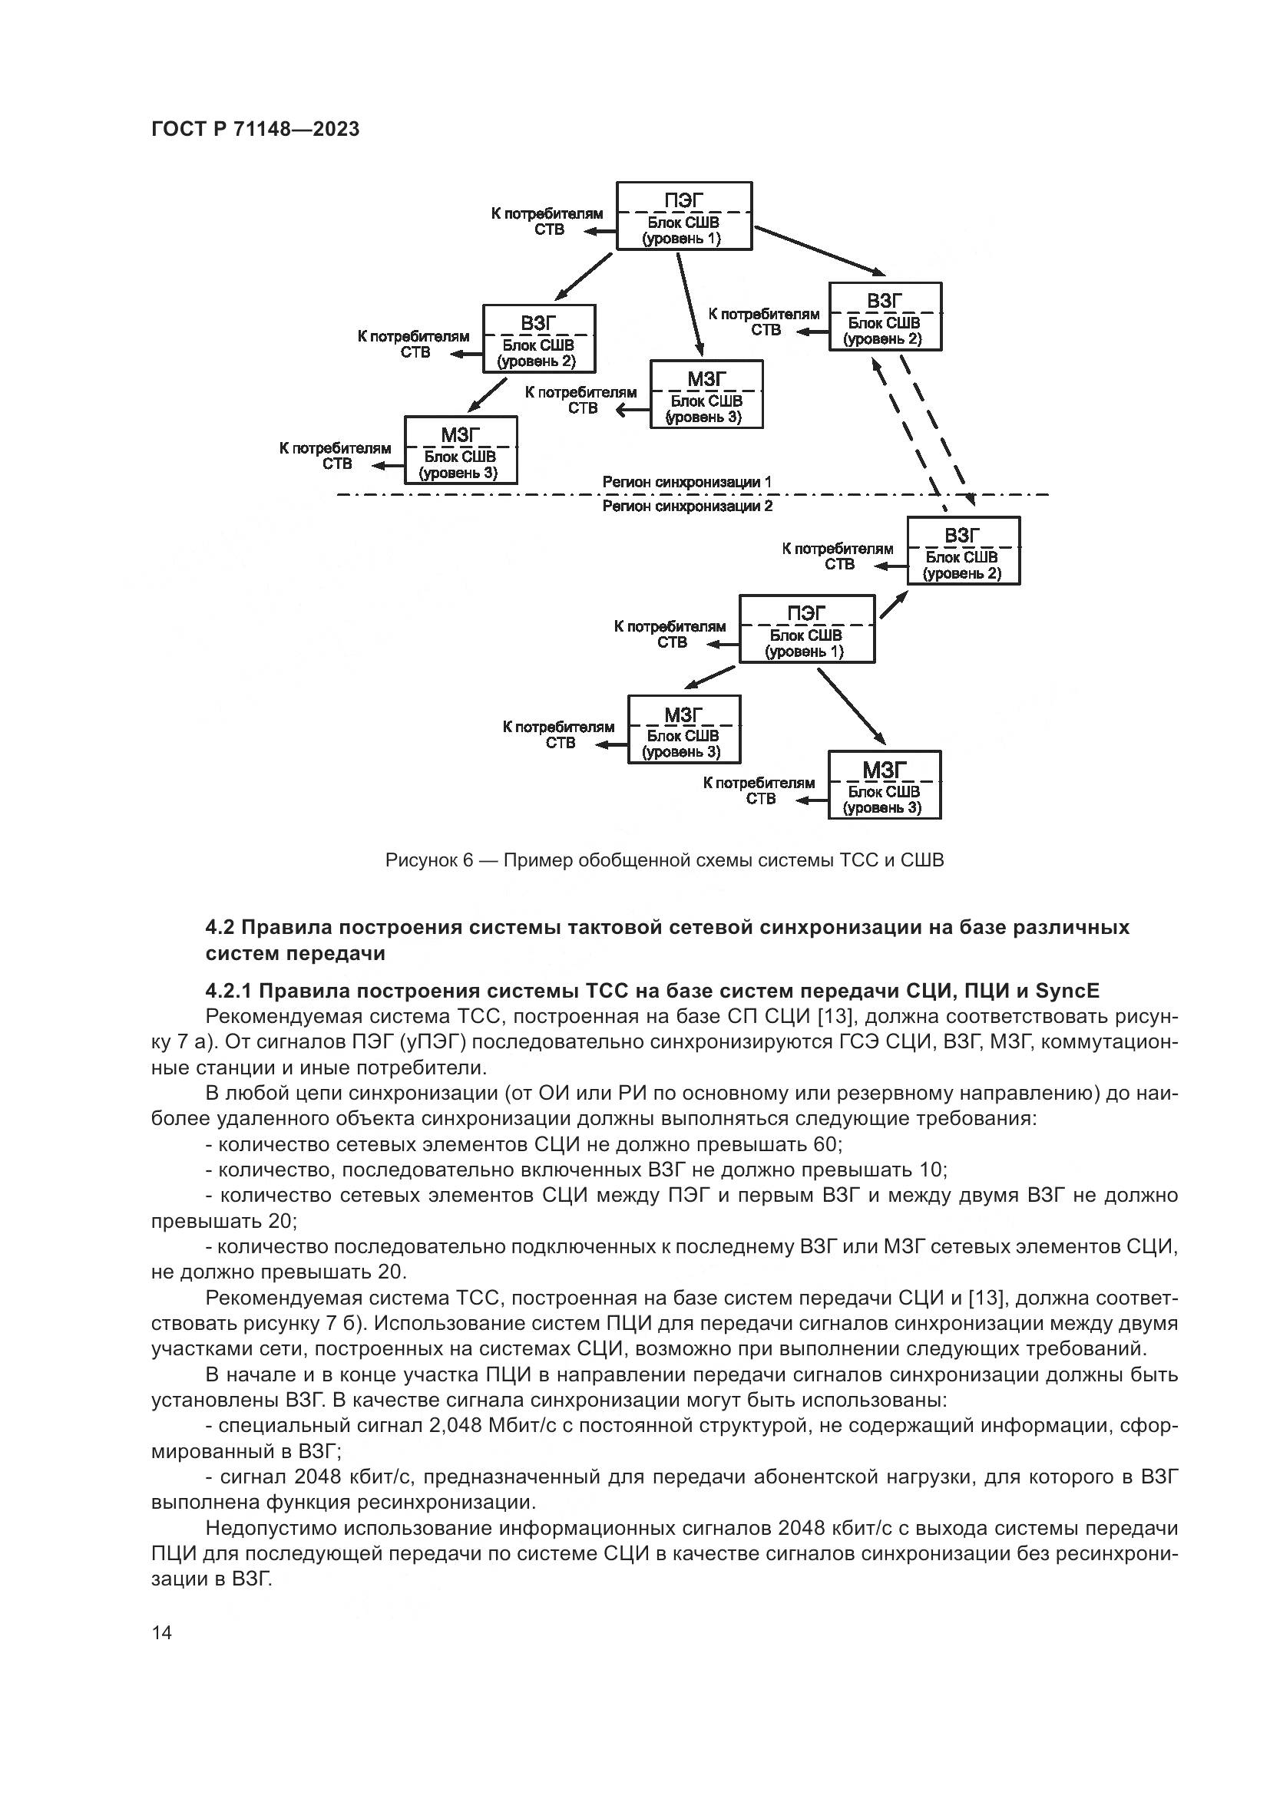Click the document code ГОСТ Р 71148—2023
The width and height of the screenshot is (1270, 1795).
click(255, 130)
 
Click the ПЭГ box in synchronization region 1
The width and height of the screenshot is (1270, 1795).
click(684, 216)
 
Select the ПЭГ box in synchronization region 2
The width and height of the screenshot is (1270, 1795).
click(807, 629)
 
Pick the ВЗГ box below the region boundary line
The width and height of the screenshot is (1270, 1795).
click(964, 551)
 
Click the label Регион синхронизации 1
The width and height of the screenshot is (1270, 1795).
click(686, 483)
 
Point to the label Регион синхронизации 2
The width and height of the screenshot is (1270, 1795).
click(687, 506)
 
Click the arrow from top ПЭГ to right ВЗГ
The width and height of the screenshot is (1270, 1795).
click(819, 250)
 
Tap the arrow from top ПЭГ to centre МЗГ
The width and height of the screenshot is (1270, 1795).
click(690, 305)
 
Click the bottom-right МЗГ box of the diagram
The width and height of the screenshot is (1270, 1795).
click(885, 785)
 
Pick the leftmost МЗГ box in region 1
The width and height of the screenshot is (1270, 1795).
click(461, 450)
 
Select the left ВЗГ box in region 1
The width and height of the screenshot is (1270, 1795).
click(539, 338)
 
